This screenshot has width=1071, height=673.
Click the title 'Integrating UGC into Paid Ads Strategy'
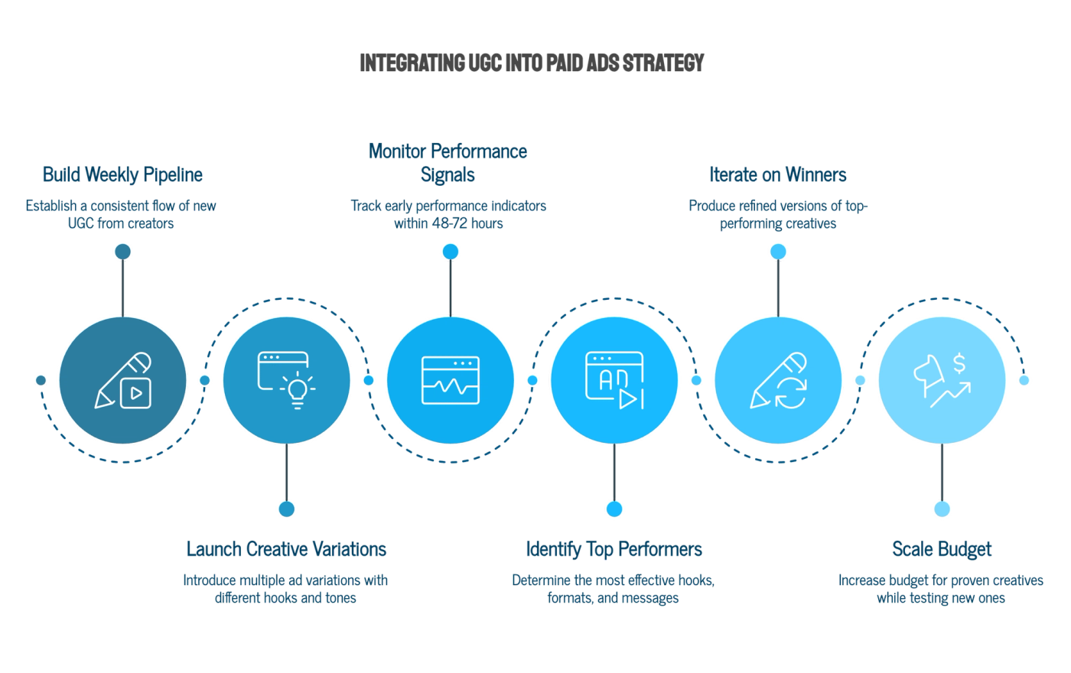point(529,62)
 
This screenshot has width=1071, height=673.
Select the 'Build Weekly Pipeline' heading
point(122,174)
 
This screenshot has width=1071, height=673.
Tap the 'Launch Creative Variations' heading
point(285,549)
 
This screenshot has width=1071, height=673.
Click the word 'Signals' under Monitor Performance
point(448,175)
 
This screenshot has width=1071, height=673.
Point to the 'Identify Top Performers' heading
point(614,549)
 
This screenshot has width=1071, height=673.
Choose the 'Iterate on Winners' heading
point(778,174)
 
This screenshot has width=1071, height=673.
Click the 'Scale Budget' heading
point(942,549)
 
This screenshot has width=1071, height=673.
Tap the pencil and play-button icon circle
point(123,380)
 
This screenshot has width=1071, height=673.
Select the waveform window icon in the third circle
point(451,380)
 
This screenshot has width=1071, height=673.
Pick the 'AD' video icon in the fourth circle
point(614,380)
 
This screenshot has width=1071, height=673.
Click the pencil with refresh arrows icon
point(778,380)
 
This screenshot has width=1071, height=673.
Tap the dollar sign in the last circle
point(959,363)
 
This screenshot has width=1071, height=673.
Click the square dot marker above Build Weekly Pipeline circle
point(122,251)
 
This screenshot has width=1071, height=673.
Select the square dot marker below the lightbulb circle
point(287,509)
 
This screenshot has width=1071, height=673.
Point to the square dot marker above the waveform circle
point(450,252)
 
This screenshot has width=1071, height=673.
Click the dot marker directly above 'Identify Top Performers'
point(614,509)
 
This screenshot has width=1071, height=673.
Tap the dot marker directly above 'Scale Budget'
point(942,509)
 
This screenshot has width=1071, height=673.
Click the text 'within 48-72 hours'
point(448,224)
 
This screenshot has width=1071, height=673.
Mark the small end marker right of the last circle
point(1024,380)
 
